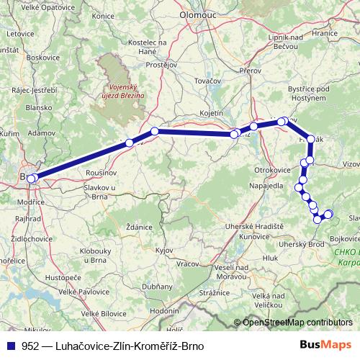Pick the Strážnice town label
tap(214, 293)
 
